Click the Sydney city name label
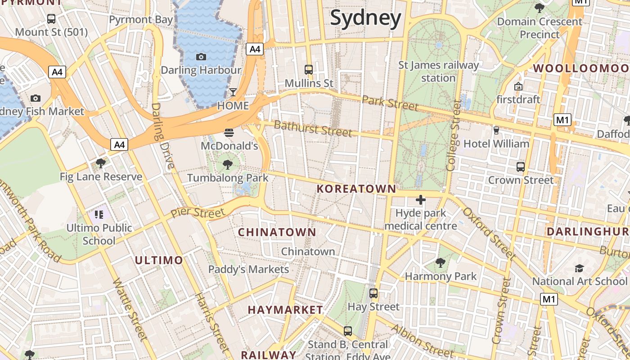click(x=365, y=18)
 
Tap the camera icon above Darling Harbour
click(x=201, y=57)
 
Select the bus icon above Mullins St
click(x=309, y=70)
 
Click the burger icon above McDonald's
click(x=229, y=132)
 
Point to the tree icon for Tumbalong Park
click(x=228, y=164)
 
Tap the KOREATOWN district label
click(x=356, y=189)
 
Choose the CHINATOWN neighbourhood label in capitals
click(x=277, y=232)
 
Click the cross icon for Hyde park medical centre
click(x=421, y=200)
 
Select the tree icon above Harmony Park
click(x=441, y=263)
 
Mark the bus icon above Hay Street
click(x=373, y=293)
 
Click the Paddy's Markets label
click(x=248, y=269)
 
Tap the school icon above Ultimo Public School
click(x=99, y=214)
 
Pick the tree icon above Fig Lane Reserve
click(x=101, y=163)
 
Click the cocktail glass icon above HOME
click(x=233, y=92)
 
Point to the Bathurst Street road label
click(x=313, y=129)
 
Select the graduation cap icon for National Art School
click(x=579, y=268)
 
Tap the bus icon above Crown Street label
click(x=521, y=167)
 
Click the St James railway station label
click(x=438, y=72)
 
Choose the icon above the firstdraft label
click(x=518, y=86)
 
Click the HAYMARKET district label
click(x=285, y=310)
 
